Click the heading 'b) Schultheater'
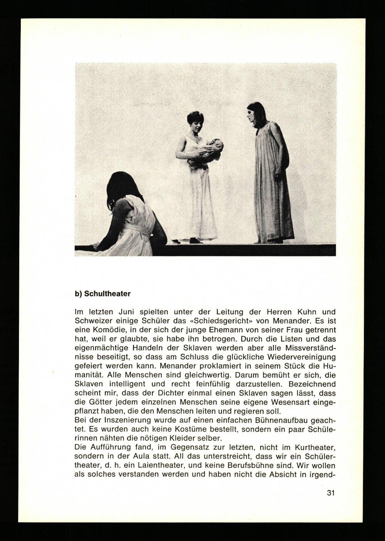tap(102, 294)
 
